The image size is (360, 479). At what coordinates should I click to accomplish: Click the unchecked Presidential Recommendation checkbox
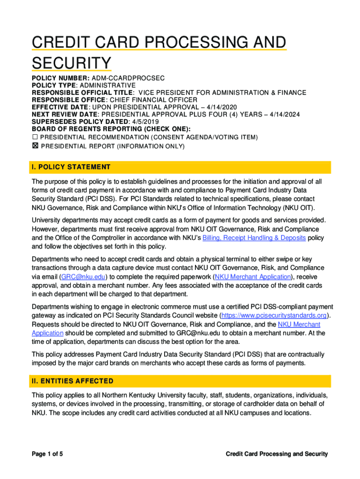click(x=35, y=137)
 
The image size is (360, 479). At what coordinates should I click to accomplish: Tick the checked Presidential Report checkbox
click(x=35, y=146)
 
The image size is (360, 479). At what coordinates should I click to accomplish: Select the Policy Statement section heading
click(x=71, y=167)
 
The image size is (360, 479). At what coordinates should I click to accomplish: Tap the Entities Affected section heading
click(x=72, y=381)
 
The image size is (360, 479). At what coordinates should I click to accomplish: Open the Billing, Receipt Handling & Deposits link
click(x=254, y=238)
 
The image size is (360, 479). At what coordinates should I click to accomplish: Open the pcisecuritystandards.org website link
click(x=273, y=315)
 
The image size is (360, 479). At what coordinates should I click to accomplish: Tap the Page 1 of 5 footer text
click(x=47, y=454)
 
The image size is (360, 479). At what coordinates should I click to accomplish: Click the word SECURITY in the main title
click(x=72, y=63)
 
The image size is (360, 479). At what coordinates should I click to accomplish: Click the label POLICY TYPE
click(x=54, y=85)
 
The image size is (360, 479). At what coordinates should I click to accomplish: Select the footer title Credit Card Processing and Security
click(x=277, y=454)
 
